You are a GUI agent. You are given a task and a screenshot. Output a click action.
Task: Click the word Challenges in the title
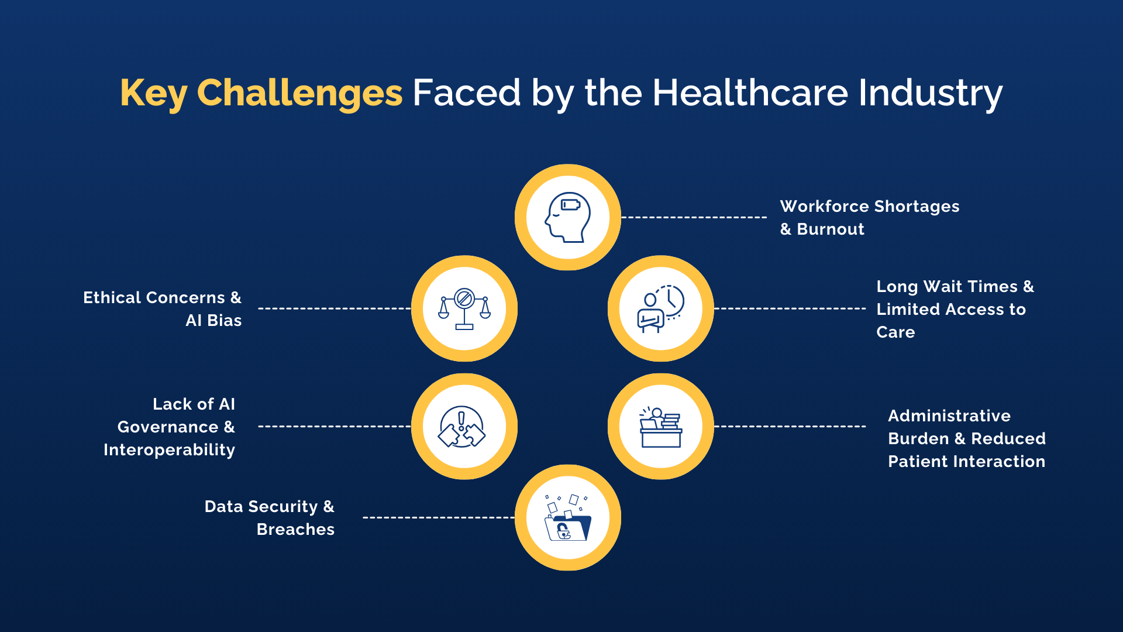[299, 92]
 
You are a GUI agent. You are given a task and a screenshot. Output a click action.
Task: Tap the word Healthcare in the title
[750, 92]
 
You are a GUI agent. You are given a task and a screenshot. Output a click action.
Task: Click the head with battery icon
[567, 217]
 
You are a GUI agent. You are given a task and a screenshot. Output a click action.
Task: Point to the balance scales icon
[464, 308]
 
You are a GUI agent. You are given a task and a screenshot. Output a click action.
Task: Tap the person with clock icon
[661, 308]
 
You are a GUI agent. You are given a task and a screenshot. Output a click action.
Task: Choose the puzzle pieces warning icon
[462, 427]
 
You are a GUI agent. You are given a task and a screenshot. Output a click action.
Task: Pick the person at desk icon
[661, 427]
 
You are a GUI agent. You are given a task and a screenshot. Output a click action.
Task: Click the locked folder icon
[567, 518]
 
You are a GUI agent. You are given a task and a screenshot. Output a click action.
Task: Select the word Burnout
[831, 229]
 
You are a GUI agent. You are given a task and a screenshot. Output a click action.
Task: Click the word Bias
[225, 321]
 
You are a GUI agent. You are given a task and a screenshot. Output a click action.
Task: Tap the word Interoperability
[169, 450]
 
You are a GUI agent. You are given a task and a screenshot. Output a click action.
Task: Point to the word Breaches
[295, 530]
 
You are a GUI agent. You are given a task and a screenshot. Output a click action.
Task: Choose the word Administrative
[949, 416]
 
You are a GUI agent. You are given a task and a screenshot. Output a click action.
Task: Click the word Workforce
[825, 207]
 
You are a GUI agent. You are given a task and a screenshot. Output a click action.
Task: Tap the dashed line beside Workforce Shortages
[694, 217]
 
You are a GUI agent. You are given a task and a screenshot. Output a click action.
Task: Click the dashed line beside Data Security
[439, 517]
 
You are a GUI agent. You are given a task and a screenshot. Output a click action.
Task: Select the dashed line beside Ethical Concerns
[335, 308]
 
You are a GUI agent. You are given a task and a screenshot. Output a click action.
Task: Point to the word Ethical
[112, 298]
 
